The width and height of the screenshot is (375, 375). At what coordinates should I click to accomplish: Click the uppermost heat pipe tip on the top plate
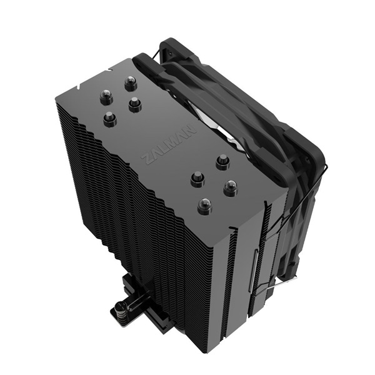point(130,82)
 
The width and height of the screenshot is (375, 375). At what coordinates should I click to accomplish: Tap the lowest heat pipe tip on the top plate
point(203,205)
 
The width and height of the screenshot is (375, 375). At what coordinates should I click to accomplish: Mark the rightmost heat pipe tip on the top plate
point(230,187)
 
